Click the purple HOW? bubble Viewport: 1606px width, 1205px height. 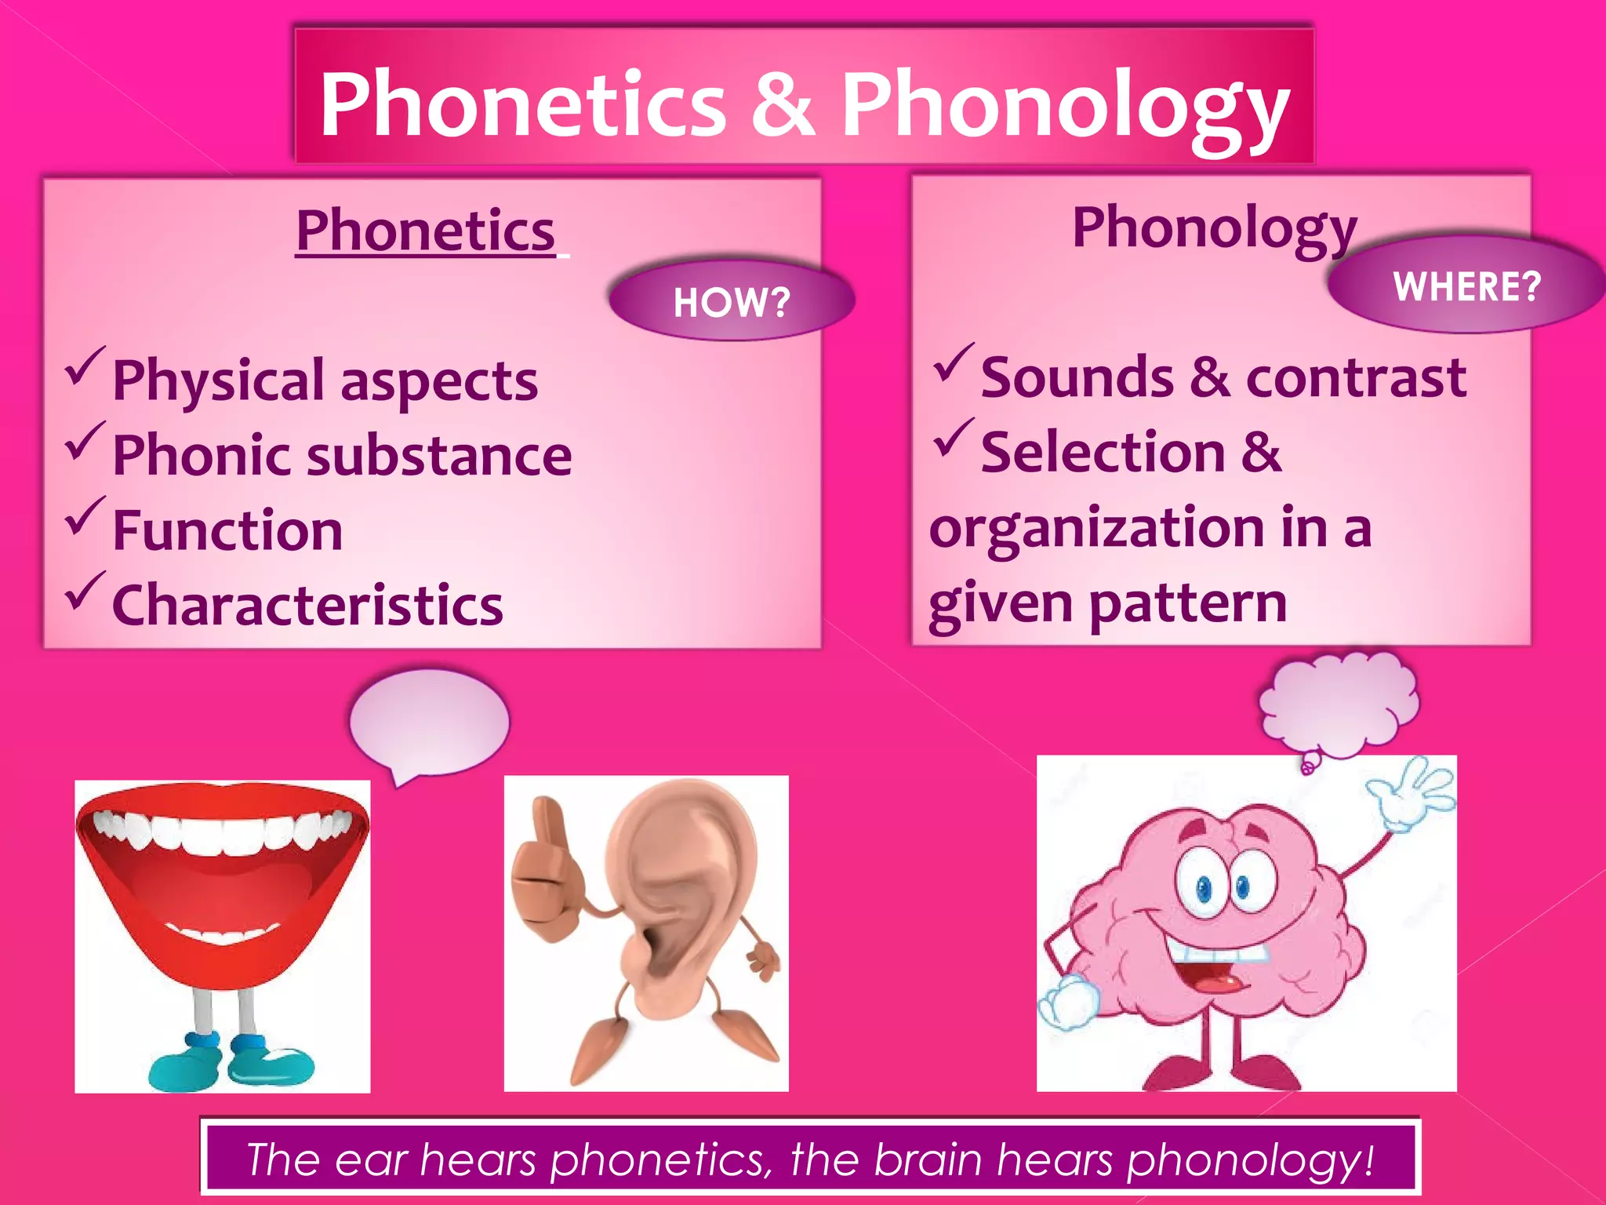click(x=731, y=301)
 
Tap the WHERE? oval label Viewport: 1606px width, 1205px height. click(x=1466, y=286)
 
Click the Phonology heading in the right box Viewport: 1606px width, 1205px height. click(x=1214, y=228)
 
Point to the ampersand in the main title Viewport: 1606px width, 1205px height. click(x=782, y=104)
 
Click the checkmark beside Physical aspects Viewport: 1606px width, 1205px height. click(x=85, y=366)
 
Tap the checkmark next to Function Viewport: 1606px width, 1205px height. click(x=85, y=516)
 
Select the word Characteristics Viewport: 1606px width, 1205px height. click(x=308, y=606)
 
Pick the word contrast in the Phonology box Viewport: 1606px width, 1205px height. click(x=1356, y=378)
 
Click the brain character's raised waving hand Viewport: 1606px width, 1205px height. click(x=1412, y=792)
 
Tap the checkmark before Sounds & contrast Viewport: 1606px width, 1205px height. click(x=953, y=363)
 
